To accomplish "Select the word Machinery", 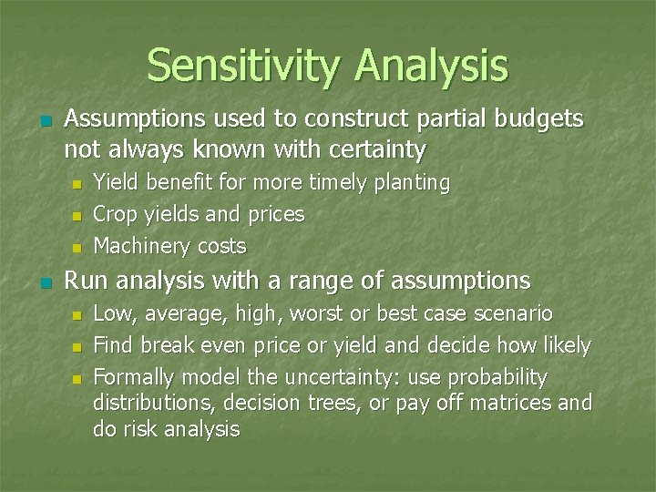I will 137,246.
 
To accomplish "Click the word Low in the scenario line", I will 110,314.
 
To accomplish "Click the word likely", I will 566,346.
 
